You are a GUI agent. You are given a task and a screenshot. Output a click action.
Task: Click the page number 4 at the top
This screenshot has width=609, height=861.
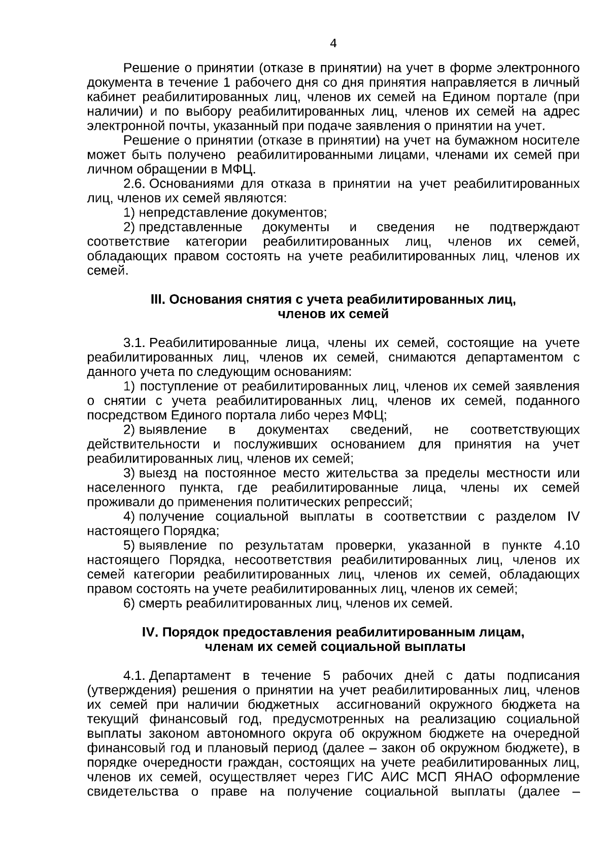click(333, 44)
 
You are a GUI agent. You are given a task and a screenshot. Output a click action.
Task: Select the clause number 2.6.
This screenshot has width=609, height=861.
click(136, 183)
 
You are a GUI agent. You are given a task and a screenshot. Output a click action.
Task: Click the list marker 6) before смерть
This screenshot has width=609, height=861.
click(129, 604)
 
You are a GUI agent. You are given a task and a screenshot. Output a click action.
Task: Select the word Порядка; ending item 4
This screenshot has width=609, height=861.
click(191, 531)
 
